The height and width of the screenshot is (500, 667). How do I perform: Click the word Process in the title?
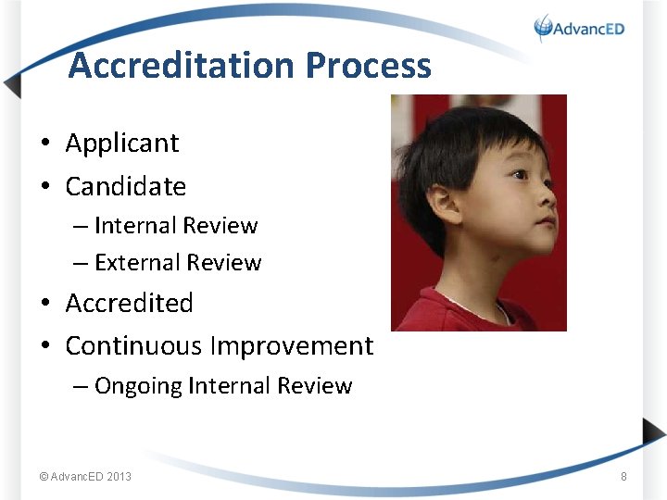pyautogui.click(x=368, y=66)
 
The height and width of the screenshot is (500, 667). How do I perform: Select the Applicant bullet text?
pyautogui.click(x=121, y=144)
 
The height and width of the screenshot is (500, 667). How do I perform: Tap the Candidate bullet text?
pyautogui.click(x=125, y=186)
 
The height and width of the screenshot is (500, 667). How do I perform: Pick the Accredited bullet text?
pyautogui.click(x=129, y=304)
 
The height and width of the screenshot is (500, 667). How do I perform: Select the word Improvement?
pyautogui.click(x=292, y=346)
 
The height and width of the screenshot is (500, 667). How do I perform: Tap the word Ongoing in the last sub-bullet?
pyautogui.click(x=138, y=386)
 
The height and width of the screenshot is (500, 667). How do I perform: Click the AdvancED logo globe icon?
pyautogui.click(x=543, y=28)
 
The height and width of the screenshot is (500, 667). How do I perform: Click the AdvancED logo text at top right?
pyautogui.click(x=589, y=29)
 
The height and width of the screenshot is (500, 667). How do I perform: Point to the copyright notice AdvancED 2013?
pyautogui.click(x=85, y=477)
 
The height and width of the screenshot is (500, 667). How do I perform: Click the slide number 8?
pyautogui.click(x=623, y=477)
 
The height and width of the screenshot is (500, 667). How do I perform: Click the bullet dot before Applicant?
pyautogui.click(x=44, y=144)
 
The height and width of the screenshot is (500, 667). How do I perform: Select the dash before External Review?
pyautogui.click(x=82, y=263)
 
